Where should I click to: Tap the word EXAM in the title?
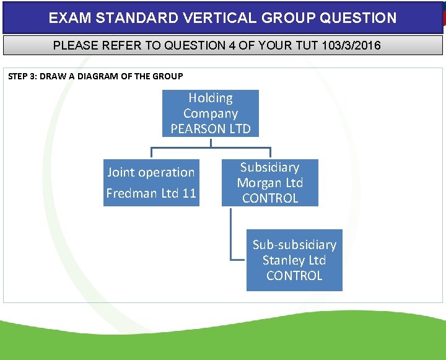pyautogui.click(x=69, y=18)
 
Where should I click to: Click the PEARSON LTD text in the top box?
pyautogui.click(x=211, y=129)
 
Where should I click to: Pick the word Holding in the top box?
pyautogui.click(x=211, y=98)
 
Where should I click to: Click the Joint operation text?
pyautogui.click(x=151, y=172)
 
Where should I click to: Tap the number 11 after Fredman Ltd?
pyautogui.click(x=189, y=193)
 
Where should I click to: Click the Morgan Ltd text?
pyautogui.click(x=270, y=183)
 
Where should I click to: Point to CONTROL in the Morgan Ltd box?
pyautogui.click(x=270, y=198)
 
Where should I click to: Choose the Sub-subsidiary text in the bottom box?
pyautogui.click(x=294, y=245)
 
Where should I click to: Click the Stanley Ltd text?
pyautogui.click(x=294, y=260)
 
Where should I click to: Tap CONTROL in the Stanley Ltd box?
pyautogui.click(x=294, y=276)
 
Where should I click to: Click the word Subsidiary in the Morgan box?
pyautogui.click(x=270, y=167)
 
